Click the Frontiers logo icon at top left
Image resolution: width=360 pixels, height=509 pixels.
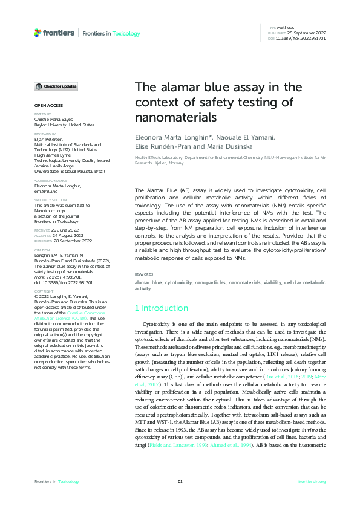pyautogui.click(x=38, y=33)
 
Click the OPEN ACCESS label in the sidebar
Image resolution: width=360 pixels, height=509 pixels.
pyautogui.click(x=46, y=105)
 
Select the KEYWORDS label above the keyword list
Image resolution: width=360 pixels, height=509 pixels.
pyautogui.click(x=143, y=274)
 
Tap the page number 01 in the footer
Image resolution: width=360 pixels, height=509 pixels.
pyautogui.click(x=180, y=481)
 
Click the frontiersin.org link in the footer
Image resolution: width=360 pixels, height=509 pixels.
pyautogui.click(x=312, y=481)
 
